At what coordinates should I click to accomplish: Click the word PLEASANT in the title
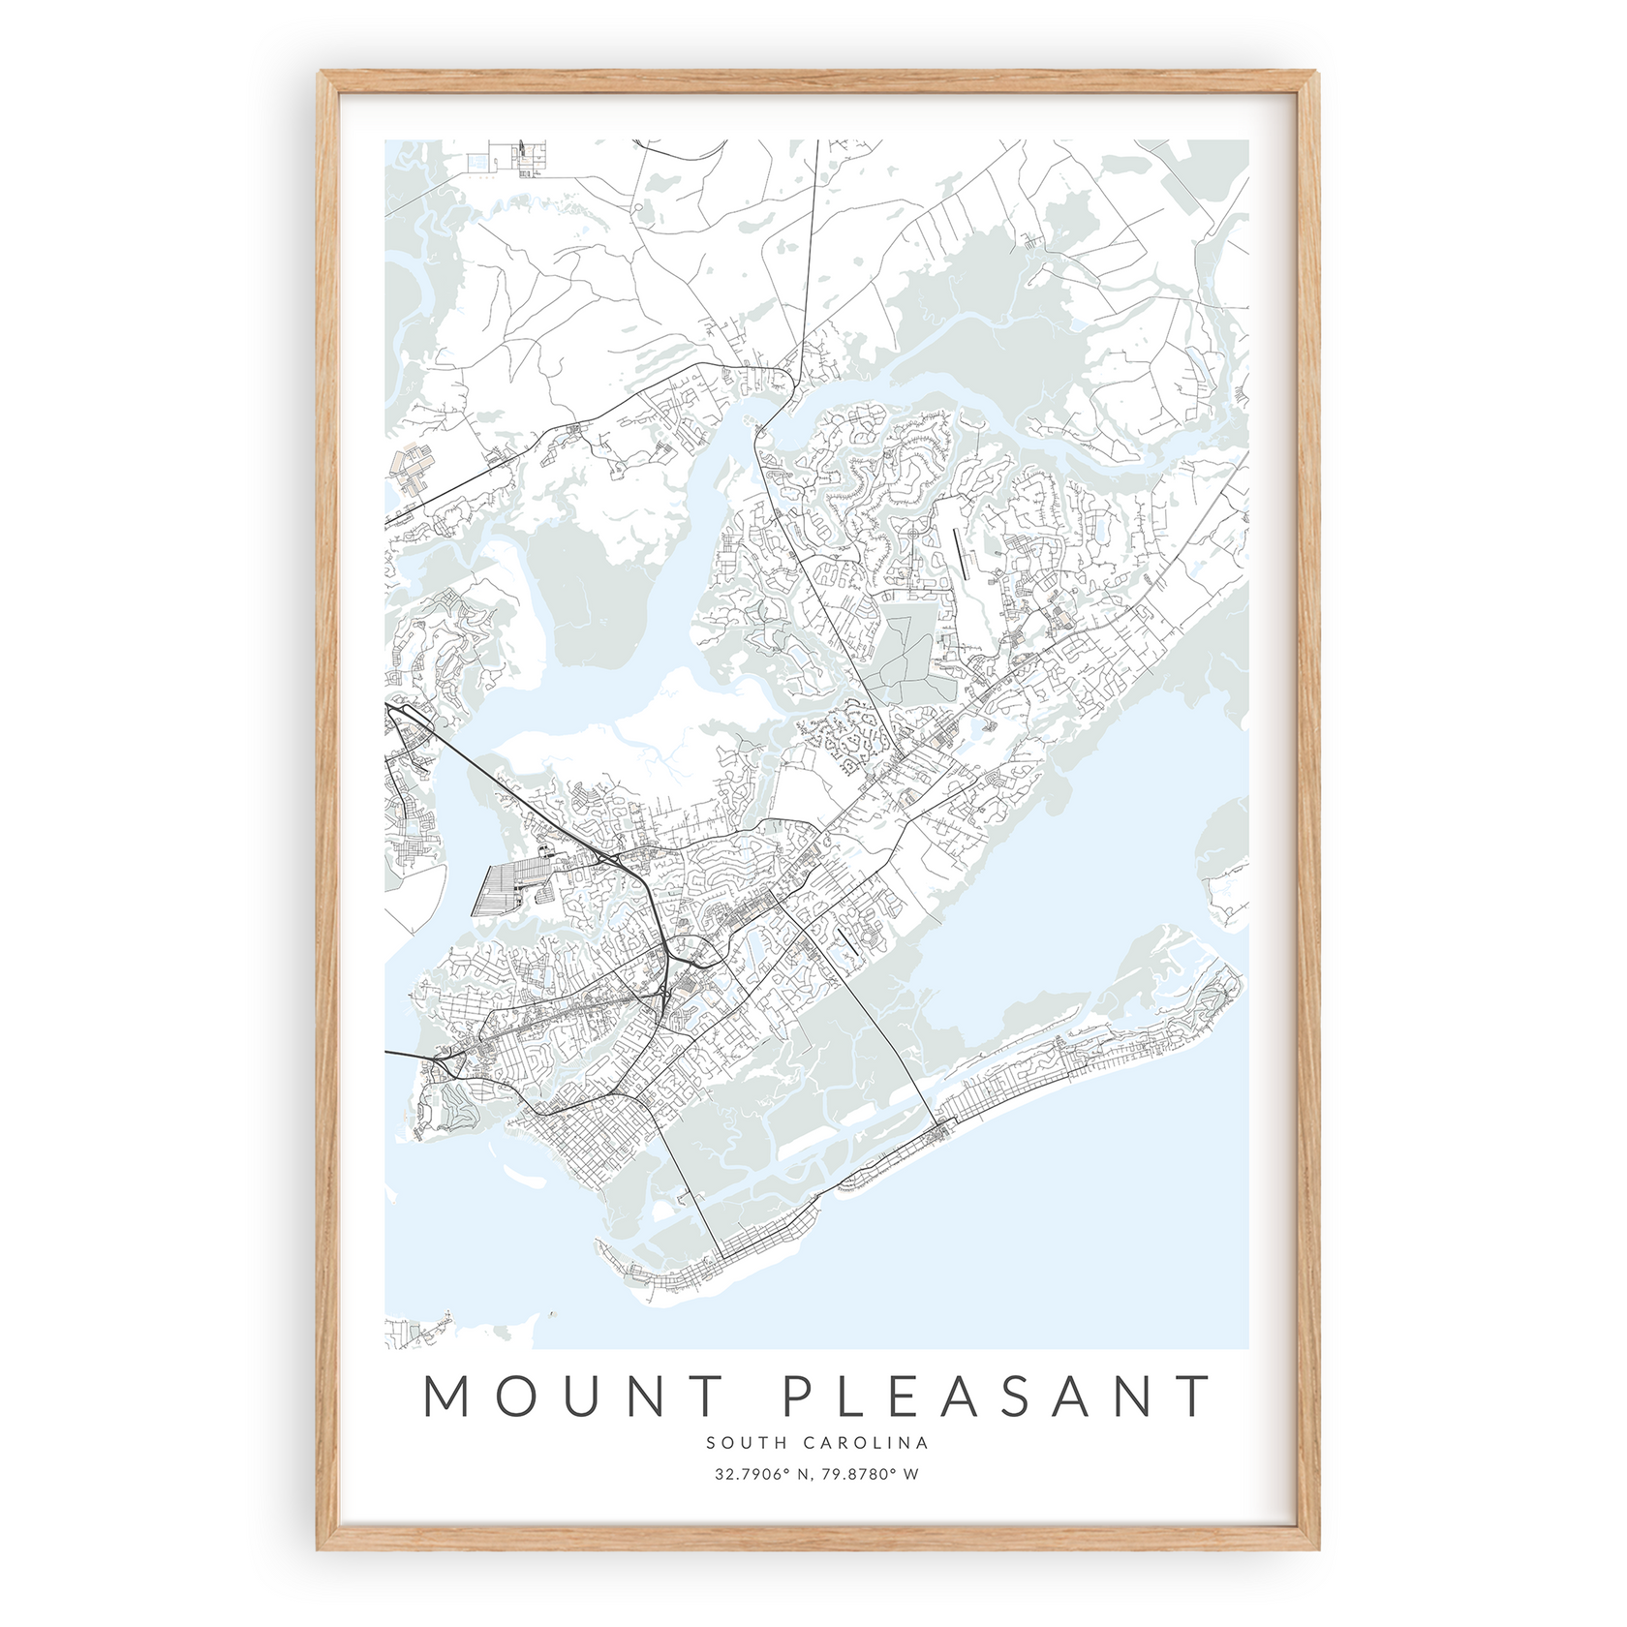pos(997,1396)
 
